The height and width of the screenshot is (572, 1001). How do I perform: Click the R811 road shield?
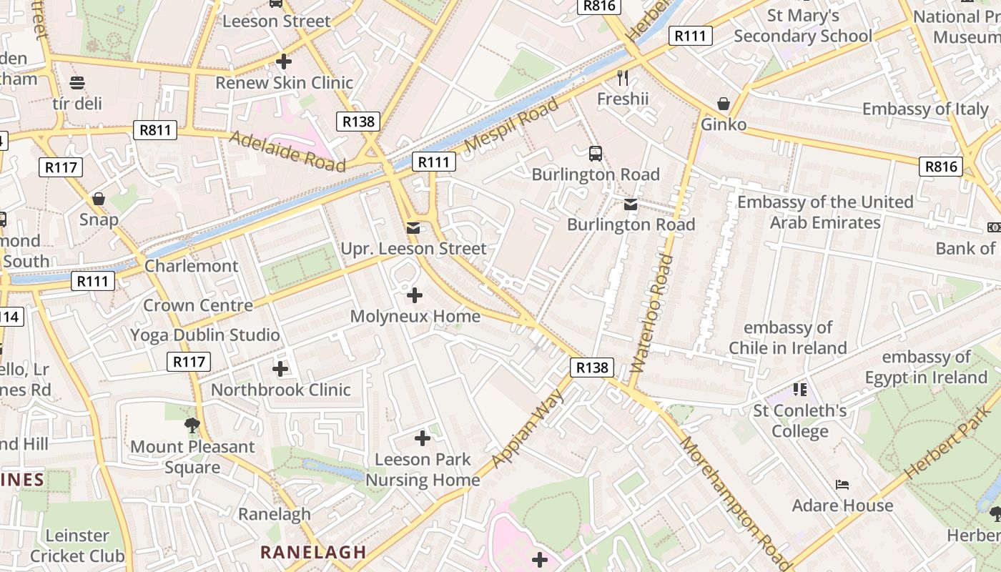[155, 130]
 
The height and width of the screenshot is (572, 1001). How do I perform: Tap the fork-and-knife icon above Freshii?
[623, 77]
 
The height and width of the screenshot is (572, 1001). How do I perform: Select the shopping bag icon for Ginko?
[724, 104]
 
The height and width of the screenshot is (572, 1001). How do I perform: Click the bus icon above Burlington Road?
[595, 153]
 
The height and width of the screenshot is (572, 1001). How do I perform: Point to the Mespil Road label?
[512, 126]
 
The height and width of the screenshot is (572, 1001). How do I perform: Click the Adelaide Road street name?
[287, 151]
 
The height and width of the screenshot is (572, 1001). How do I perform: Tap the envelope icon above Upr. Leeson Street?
[413, 227]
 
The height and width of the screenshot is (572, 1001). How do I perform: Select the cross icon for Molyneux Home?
[415, 295]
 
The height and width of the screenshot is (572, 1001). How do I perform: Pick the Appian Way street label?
[530, 428]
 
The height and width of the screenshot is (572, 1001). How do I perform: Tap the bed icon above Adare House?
[842, 485]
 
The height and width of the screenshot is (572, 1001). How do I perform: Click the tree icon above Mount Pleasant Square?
[192, 425]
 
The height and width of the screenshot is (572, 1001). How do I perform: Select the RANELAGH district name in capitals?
[313, 552]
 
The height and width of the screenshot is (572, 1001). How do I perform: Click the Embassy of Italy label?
[925, 109]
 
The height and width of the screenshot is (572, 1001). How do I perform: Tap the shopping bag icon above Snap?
[99, 198]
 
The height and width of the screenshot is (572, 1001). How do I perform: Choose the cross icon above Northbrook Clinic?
[280, 369]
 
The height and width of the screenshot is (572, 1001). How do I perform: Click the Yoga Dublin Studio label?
[205, 335]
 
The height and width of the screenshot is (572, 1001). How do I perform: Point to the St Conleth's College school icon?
[800, 390]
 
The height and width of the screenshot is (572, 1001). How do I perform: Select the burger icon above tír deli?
[77, 83]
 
